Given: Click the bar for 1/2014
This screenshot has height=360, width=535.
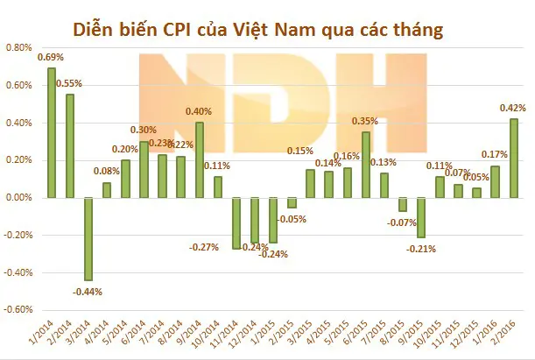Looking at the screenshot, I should [52, 132].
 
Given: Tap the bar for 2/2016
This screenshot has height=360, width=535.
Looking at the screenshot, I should [513, 159].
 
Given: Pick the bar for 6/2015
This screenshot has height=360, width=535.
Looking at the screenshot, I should [365, 165].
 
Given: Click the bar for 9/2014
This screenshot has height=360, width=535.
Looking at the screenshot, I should [200, 160].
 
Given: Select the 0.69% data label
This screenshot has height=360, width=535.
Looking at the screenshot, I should [49, 58].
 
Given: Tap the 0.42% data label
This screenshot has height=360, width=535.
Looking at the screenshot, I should [510, 109].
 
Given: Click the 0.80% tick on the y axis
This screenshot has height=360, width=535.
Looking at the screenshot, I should [19, 48].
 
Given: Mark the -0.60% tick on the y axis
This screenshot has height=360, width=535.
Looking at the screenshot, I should [18, 310].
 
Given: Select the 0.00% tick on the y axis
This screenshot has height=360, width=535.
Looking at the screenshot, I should [19, 198].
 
